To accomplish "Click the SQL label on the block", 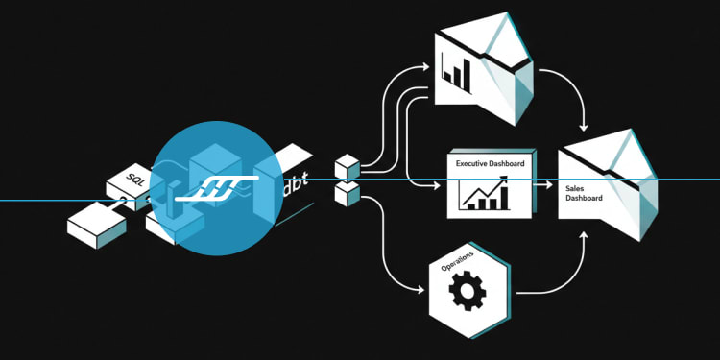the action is [x=134, y=180].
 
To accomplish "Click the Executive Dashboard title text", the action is [x=490, y=163].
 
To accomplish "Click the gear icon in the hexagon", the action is [x=467, y=290].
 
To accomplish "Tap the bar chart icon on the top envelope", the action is [x=455, y=74].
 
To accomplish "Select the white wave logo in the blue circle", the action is [x=217, y=188].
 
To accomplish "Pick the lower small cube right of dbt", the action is [x=347, y=194].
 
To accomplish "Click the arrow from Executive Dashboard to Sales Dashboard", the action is [x=542, y=185].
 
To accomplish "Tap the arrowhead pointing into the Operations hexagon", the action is [x=420, y=290].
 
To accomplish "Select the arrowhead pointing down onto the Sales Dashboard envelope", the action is [x=584, y=127].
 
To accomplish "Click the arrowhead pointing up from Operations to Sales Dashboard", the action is [x=584, y=235].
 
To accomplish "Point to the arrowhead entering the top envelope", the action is [x=424, y=67].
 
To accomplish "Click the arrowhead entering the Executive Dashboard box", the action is [x=436, y=186].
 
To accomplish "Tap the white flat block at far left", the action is [x=96, y=226].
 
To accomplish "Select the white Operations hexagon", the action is [x=468, y=290].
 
